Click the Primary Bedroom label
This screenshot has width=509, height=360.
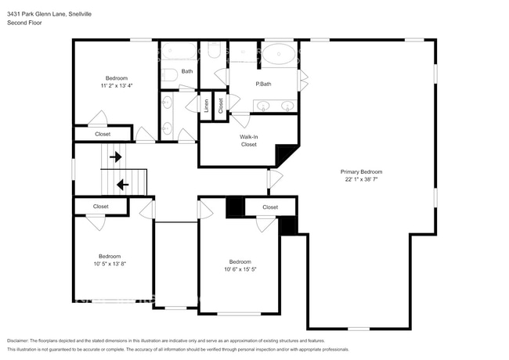pyautogui.click(x=361, y=172)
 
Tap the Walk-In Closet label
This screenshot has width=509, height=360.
pyautogui.click(x=249, y=141)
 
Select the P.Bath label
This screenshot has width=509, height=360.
pyautogui.click(x=263, y=84)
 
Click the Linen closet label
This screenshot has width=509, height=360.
pyautogui.click(x=206, y=106)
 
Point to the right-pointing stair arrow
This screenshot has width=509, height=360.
pyautogui.click(x=116, y=157)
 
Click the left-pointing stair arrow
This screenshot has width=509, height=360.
pyautogui.click(x=123, y=185)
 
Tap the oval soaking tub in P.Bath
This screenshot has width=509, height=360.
pyautogui.click(x=279, y=54)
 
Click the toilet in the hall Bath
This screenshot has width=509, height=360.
pyautogui.click(x=169, y=75)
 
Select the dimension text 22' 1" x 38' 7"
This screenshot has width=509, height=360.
pyautogui.click(x=361, y=179)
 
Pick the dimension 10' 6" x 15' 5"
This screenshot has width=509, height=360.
pyautogui.click(x=240, y=269)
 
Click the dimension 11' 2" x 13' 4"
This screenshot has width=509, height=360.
pyautogui.click(x=117, y=85)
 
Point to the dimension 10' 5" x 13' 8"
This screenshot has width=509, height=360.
pyautogui.click(x=110, y=264)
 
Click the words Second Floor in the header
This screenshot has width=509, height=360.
pyautogui.click(x=24, y=23)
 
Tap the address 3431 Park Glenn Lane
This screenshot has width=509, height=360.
pyautogui.click(x=38, y=14)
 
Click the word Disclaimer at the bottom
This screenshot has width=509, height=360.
pyautogui.click(x=18, y=341)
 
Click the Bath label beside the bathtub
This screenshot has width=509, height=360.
pyautogui.click(x=187, y=71)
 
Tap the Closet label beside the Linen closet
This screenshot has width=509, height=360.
pyautogui.click(x=221, y=106)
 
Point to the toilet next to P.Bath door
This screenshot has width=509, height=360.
pyautogui.click(x=213, y=50)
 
